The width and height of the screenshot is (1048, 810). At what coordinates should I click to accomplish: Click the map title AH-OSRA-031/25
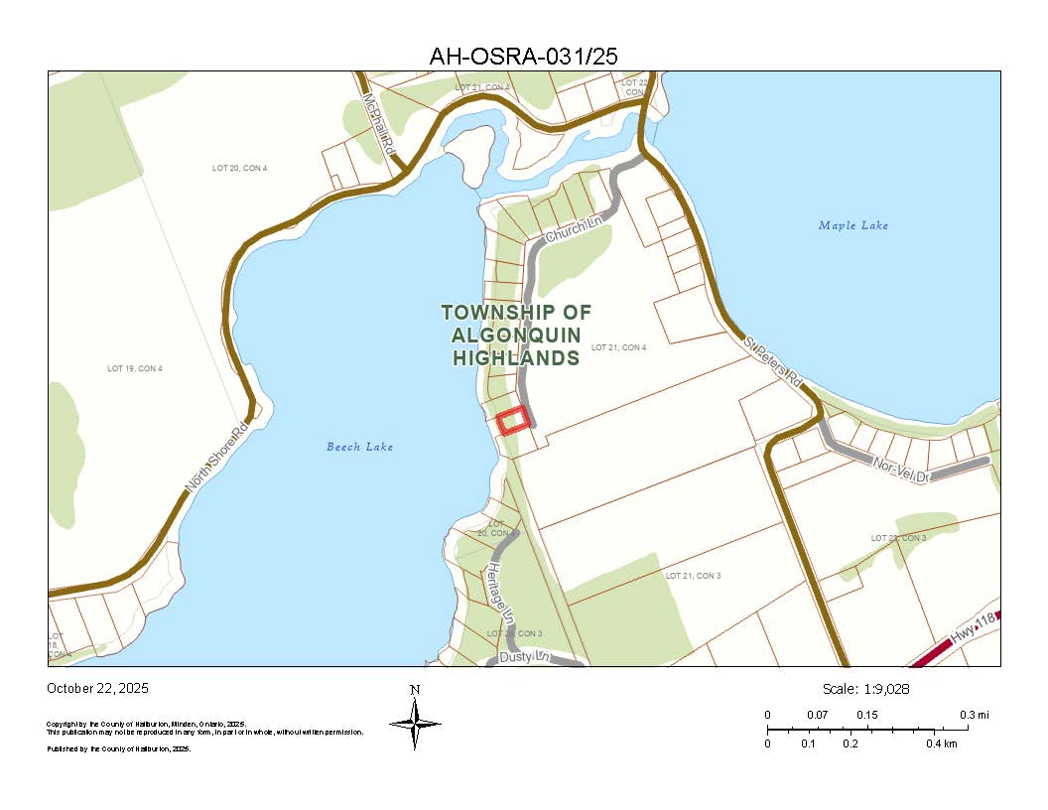tap(523, 57)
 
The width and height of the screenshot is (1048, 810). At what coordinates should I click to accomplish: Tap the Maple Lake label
tap(853, 225)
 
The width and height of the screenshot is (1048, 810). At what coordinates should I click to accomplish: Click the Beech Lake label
tap(359, 447)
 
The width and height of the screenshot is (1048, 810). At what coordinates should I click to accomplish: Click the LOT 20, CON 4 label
tap(239, 168)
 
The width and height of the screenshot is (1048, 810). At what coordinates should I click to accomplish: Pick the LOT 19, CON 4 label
tap(134, 369)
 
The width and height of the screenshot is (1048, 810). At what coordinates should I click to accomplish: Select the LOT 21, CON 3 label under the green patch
tap(693, 576)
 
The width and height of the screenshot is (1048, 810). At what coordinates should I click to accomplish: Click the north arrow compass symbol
tap(415, 722)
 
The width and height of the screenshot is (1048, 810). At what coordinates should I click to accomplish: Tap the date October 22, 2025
tap(97, 688)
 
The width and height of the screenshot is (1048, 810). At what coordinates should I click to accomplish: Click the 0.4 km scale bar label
tap(942, 743)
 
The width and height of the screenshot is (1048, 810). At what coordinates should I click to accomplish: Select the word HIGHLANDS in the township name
tap(516, 357)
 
